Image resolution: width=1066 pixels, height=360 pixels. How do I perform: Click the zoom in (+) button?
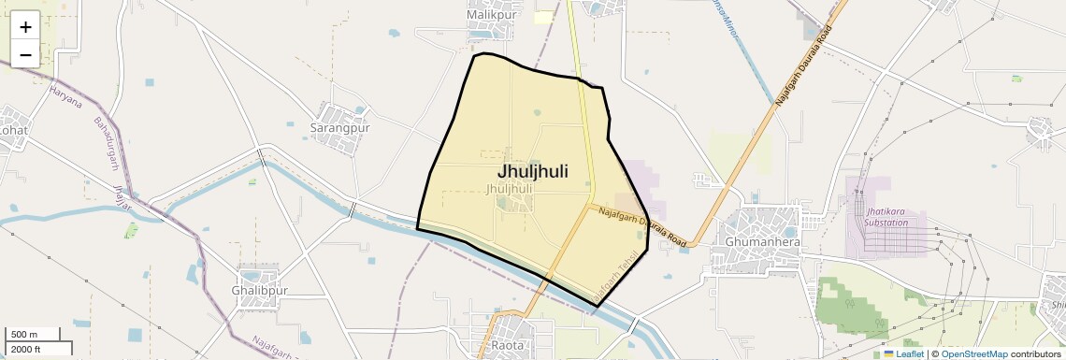(25, 27)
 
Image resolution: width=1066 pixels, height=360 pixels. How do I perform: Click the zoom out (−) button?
(25, 54)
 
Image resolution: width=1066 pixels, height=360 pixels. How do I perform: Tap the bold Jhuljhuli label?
(532, 171)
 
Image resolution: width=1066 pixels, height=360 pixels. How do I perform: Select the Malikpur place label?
(492, 15)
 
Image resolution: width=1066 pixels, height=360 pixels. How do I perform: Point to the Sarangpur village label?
(340, 127)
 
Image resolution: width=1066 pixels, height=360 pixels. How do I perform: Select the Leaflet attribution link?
(903, 353)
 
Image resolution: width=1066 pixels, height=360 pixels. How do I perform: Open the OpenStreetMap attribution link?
(973, 353)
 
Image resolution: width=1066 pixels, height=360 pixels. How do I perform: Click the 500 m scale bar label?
(24, 335)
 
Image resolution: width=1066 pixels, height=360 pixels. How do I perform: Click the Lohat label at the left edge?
(13, 130)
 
